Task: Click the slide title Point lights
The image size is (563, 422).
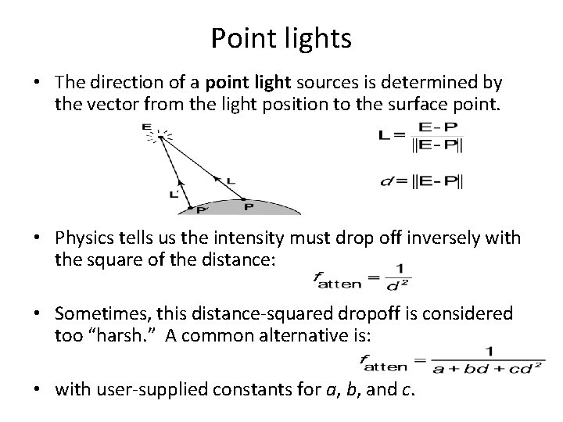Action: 281,38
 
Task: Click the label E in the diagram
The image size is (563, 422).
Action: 146,127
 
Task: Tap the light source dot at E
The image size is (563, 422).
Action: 160,138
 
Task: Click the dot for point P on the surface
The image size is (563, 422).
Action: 244,198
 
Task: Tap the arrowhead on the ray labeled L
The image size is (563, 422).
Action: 218,180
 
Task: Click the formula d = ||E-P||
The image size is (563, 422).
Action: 420,181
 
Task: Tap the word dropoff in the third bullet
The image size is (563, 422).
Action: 371,313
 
